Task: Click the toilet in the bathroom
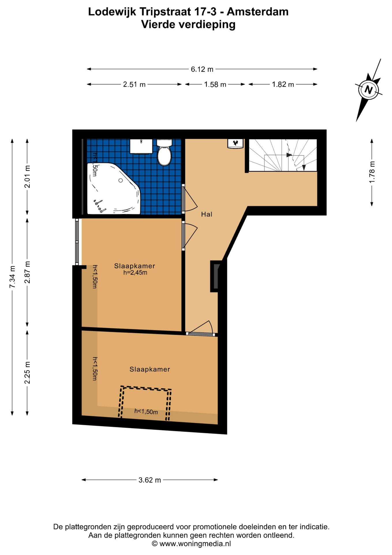164,152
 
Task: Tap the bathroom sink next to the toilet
141,146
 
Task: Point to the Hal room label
207,214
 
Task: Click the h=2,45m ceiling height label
135,273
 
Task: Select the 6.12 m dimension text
202,69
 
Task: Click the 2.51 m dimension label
134,84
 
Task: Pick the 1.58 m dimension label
215,84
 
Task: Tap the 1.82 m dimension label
283,84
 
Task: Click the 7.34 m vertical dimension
12,277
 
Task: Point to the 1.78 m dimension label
372,172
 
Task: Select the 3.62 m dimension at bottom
150,480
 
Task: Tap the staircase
283,155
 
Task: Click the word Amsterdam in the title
257,12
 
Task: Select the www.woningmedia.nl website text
195,544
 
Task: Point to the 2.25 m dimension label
27,373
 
